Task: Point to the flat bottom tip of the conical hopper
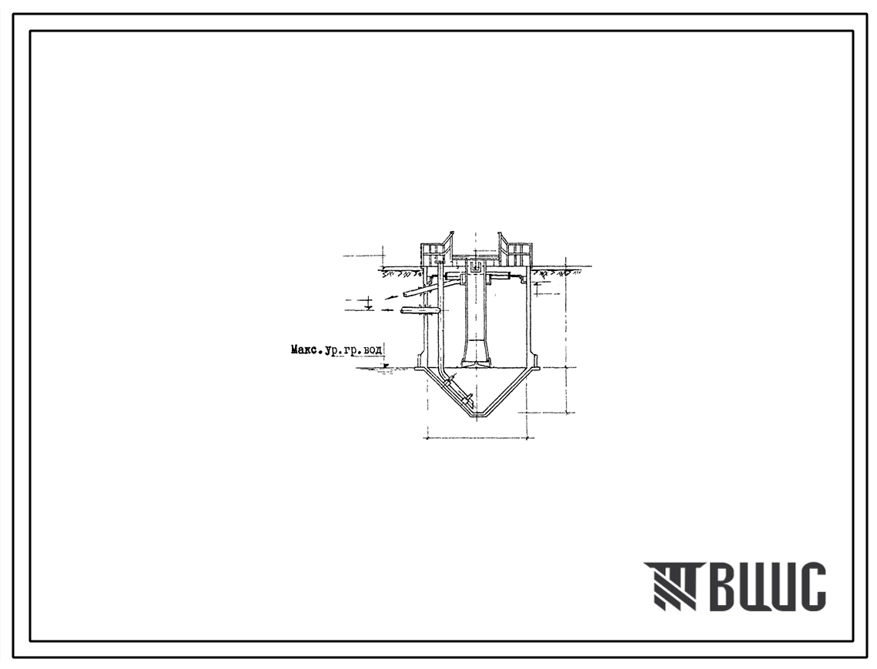[x=478, y=414]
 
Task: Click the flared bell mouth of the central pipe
[x=476, y=363]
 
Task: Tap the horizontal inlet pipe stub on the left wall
[x=420, y=310]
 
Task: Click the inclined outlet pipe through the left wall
[x=418, y=289]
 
